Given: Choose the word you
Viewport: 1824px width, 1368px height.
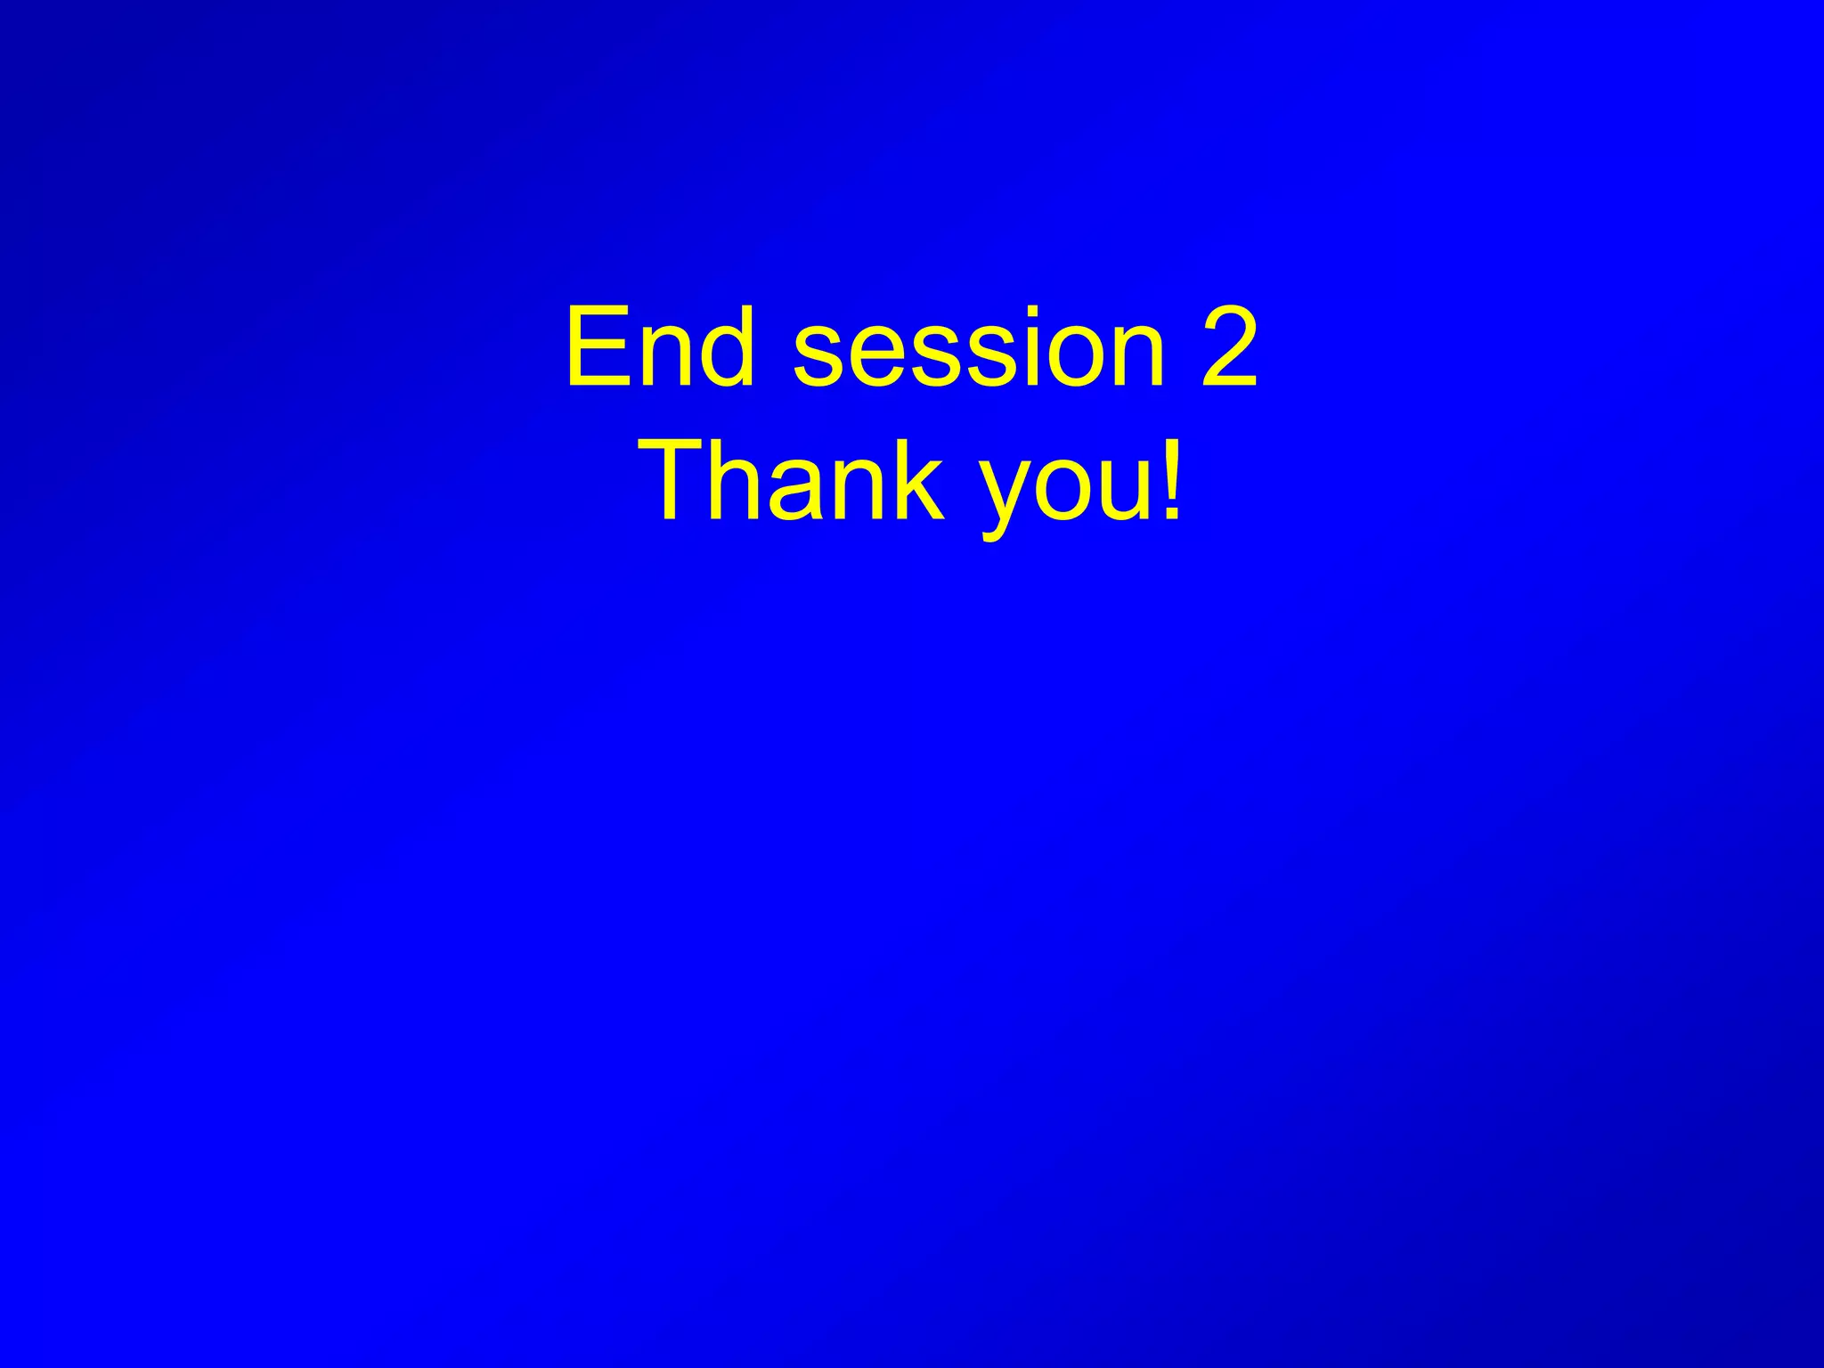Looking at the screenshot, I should point(1059,495).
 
